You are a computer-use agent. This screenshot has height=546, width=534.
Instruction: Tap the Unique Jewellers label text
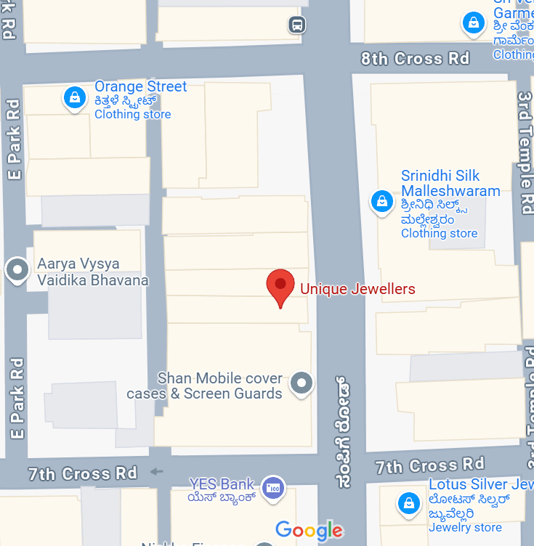pyautogui.click(x=357, y=289)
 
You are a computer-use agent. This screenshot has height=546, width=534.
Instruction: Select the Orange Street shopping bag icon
pyautogui.click(x=73, y=97)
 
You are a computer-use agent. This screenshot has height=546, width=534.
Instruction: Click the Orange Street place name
pyautogui.click(x=140, y=86)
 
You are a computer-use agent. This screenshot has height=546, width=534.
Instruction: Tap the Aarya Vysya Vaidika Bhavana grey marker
pyautogui.click(x=16, y=270)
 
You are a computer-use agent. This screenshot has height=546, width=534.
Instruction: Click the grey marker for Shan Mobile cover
pyautogui.click(x=301, y=382)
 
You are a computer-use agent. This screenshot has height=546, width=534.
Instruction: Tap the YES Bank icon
pyautogui.click(x=273, y=487)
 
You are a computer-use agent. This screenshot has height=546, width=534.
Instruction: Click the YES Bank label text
pyautogui.click(x=222, y=484)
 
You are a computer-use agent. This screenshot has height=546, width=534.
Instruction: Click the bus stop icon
pyautogui.click(x=296, y=25)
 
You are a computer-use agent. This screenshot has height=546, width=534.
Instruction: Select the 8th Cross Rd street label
pyautogui.click(x=416, y=59)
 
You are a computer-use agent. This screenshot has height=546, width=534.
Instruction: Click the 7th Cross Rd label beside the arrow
pyautogui.click(x=83, y=473)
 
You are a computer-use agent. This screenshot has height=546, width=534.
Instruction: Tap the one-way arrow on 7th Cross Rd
pyautogui.click(x=156, y=472)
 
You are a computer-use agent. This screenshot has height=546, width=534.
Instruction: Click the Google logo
pyautogui.click(x=309, y=530)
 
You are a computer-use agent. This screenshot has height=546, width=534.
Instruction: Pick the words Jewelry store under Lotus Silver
pyautogui.click(x=465, y=527)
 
